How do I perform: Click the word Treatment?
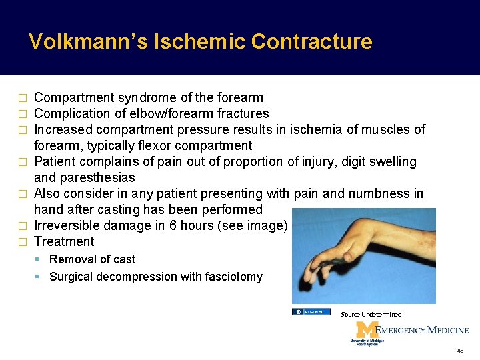[64, 242]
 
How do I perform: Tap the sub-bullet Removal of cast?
[92, 259]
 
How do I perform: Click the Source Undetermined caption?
[371, 314]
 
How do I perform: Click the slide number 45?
[460, 351]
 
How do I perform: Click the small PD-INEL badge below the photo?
[311, 312]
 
